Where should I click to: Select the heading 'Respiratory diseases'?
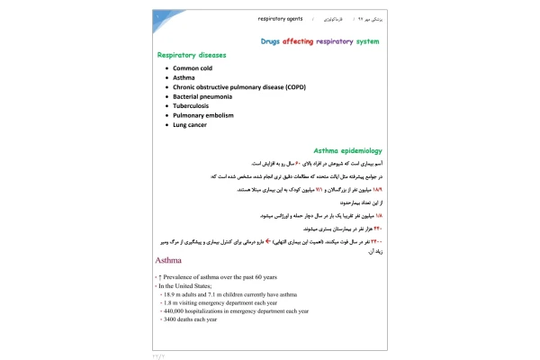click(192, 55)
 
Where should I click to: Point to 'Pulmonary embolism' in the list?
click(204, 115)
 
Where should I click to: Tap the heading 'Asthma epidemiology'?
click(347, 150)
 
